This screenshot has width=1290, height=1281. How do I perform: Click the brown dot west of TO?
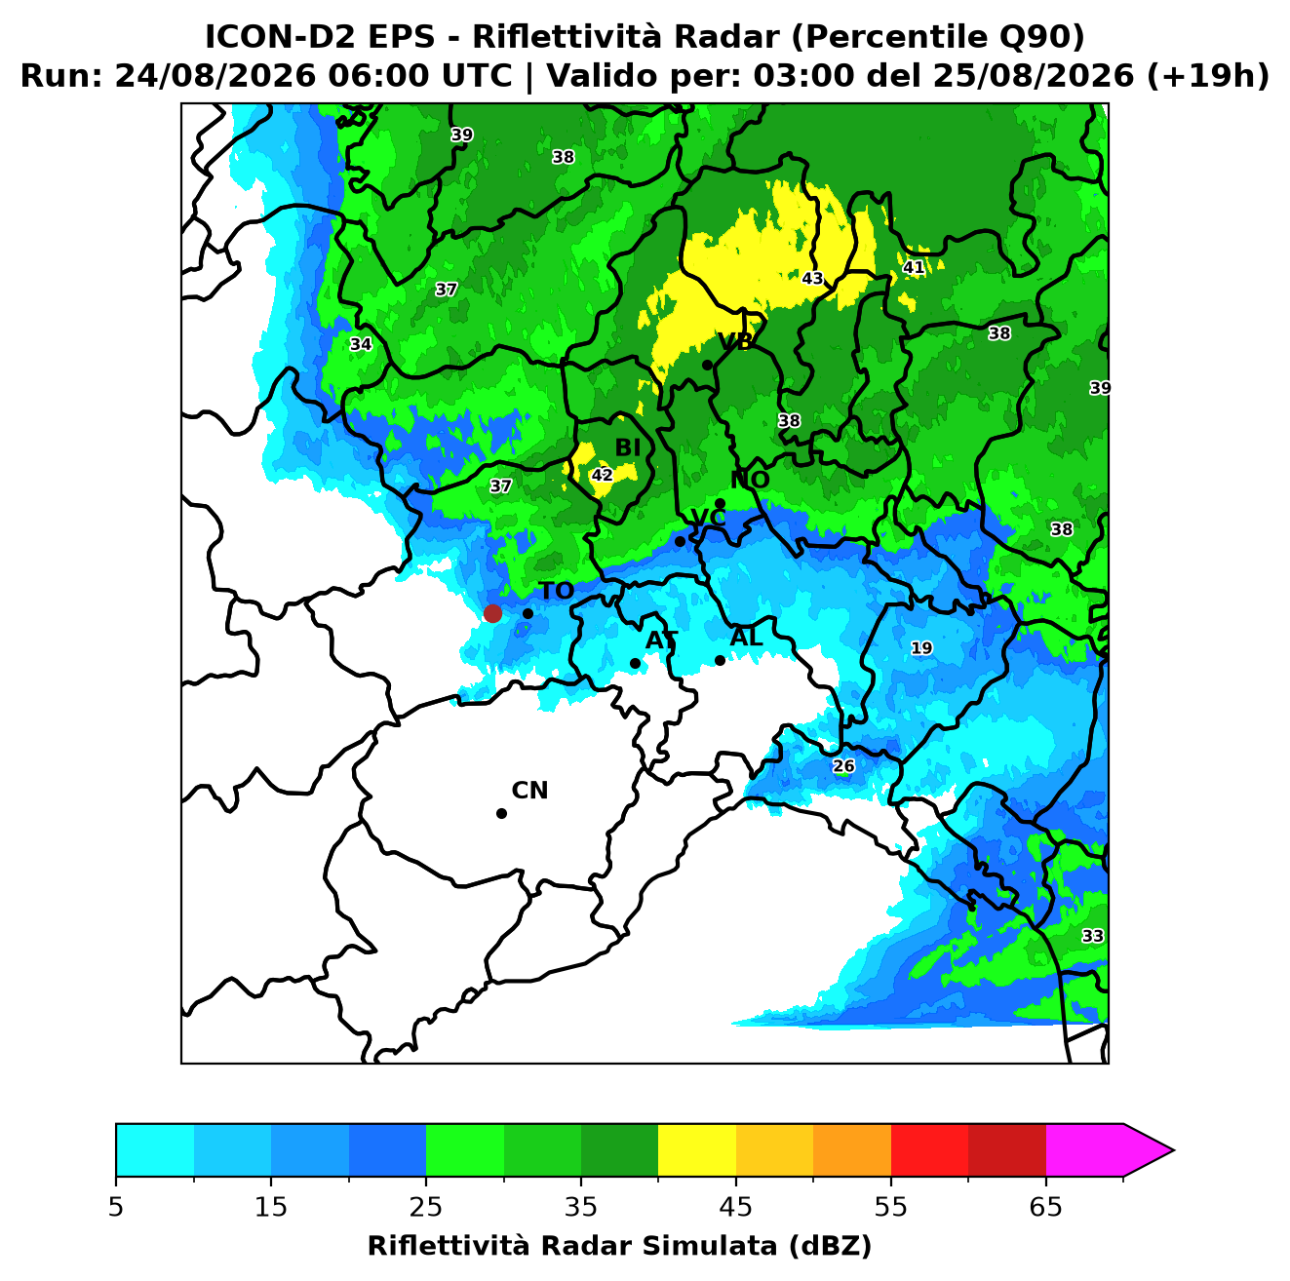(492, 612)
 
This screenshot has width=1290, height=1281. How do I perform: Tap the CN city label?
(529, 791)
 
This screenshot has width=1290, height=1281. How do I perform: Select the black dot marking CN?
(501, 814)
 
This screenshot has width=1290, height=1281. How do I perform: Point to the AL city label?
(746, 637)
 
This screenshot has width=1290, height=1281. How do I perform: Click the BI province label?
(627, 448)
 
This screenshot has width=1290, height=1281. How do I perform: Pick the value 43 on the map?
(812, 278)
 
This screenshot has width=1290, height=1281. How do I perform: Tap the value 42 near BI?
(602, 475)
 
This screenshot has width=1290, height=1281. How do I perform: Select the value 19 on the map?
(921, 647)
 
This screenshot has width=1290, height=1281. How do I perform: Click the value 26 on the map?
(843, 766)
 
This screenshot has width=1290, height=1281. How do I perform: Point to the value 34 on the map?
(361, 344)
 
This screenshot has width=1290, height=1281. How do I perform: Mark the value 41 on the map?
(914, 268)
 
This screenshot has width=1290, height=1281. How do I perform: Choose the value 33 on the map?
(1092, 936)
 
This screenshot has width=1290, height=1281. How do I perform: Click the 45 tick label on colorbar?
(736, 1207)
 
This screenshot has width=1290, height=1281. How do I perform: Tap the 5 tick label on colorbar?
(116, 1207)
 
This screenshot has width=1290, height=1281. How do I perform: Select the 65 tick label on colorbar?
(1045, 1207)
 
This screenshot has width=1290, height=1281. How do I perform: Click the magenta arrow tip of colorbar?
(1173, 1151)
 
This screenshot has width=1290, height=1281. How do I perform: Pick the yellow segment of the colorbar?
(697, 1151)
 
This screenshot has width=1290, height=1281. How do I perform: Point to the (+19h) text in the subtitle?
(1208, 76)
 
